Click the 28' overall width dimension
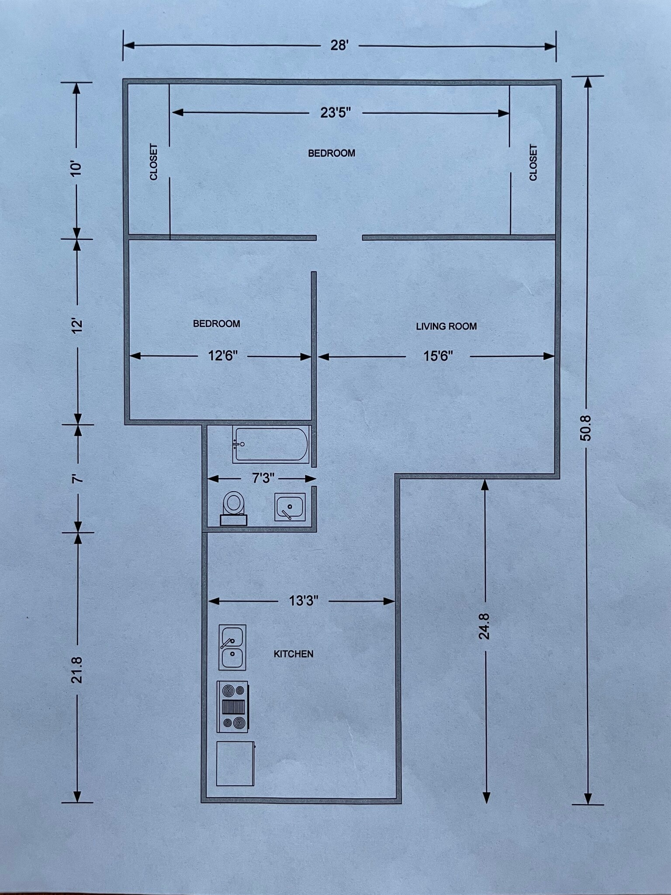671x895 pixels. (x=339, y=45)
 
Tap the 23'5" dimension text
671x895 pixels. (x=335, y=113)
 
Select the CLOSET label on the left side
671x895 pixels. (x=154, y=162)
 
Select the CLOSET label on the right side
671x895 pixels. (x=533, y=163)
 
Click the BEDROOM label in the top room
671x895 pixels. (x=332, y=153)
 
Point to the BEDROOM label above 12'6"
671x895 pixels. (x=216, y=324)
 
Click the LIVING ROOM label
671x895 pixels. (x=446, y=326)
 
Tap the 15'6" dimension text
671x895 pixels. (x=438, y=356)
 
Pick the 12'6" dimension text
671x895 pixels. (x=223, y=356)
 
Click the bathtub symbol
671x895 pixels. (x=271, y=444)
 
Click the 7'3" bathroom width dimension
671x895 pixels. (x=263, y=478)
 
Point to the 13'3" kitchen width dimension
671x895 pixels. (x=304, y=601)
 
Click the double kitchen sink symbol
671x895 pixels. (x=232, y=647)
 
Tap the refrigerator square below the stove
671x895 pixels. (x=235, y=763)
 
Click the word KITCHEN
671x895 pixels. (x=294, y=654)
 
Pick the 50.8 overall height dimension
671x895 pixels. (x=586, y=428)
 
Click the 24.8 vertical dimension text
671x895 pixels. (x=484, y=626)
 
